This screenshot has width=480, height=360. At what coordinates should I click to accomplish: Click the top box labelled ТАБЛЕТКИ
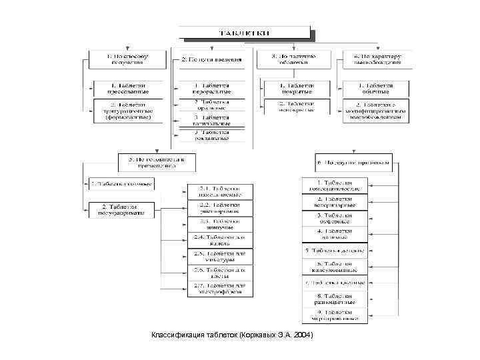coord(245,32)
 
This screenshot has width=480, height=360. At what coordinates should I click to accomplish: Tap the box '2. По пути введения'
coord(211,59)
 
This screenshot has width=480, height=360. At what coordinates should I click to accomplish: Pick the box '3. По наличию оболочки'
coord(295,59)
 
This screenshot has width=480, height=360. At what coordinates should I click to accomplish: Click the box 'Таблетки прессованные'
coord(128,89)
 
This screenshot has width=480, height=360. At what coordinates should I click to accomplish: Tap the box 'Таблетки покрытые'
coord(297,89)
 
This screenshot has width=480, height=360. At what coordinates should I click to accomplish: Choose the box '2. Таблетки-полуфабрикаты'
coord(121,210)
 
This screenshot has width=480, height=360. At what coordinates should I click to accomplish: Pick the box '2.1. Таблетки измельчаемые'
coord(221,191)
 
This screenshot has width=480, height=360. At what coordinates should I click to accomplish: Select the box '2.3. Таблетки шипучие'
coord(221,224)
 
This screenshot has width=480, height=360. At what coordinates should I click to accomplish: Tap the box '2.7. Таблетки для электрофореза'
coord(221,289)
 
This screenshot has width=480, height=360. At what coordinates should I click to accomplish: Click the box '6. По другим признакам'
coord(353,163)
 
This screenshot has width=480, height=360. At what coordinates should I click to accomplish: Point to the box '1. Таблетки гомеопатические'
coord(334,185)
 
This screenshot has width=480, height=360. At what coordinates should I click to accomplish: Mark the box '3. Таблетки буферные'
coord(334,218)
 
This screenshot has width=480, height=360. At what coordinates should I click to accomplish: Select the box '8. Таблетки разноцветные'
coord(334,298)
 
